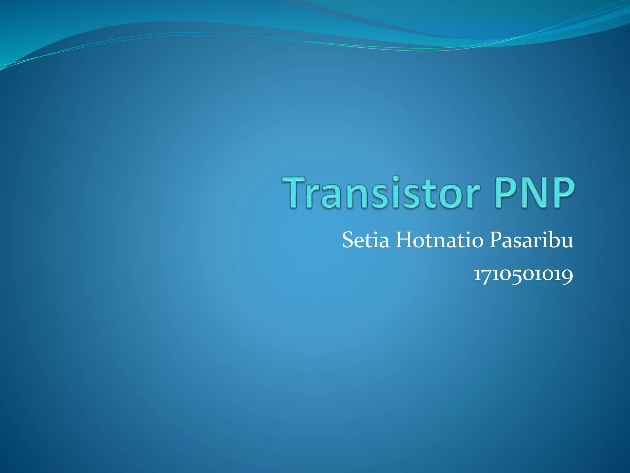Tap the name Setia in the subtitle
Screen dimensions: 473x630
[x=365, y=240]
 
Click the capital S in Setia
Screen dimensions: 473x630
[x=348, y=240]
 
